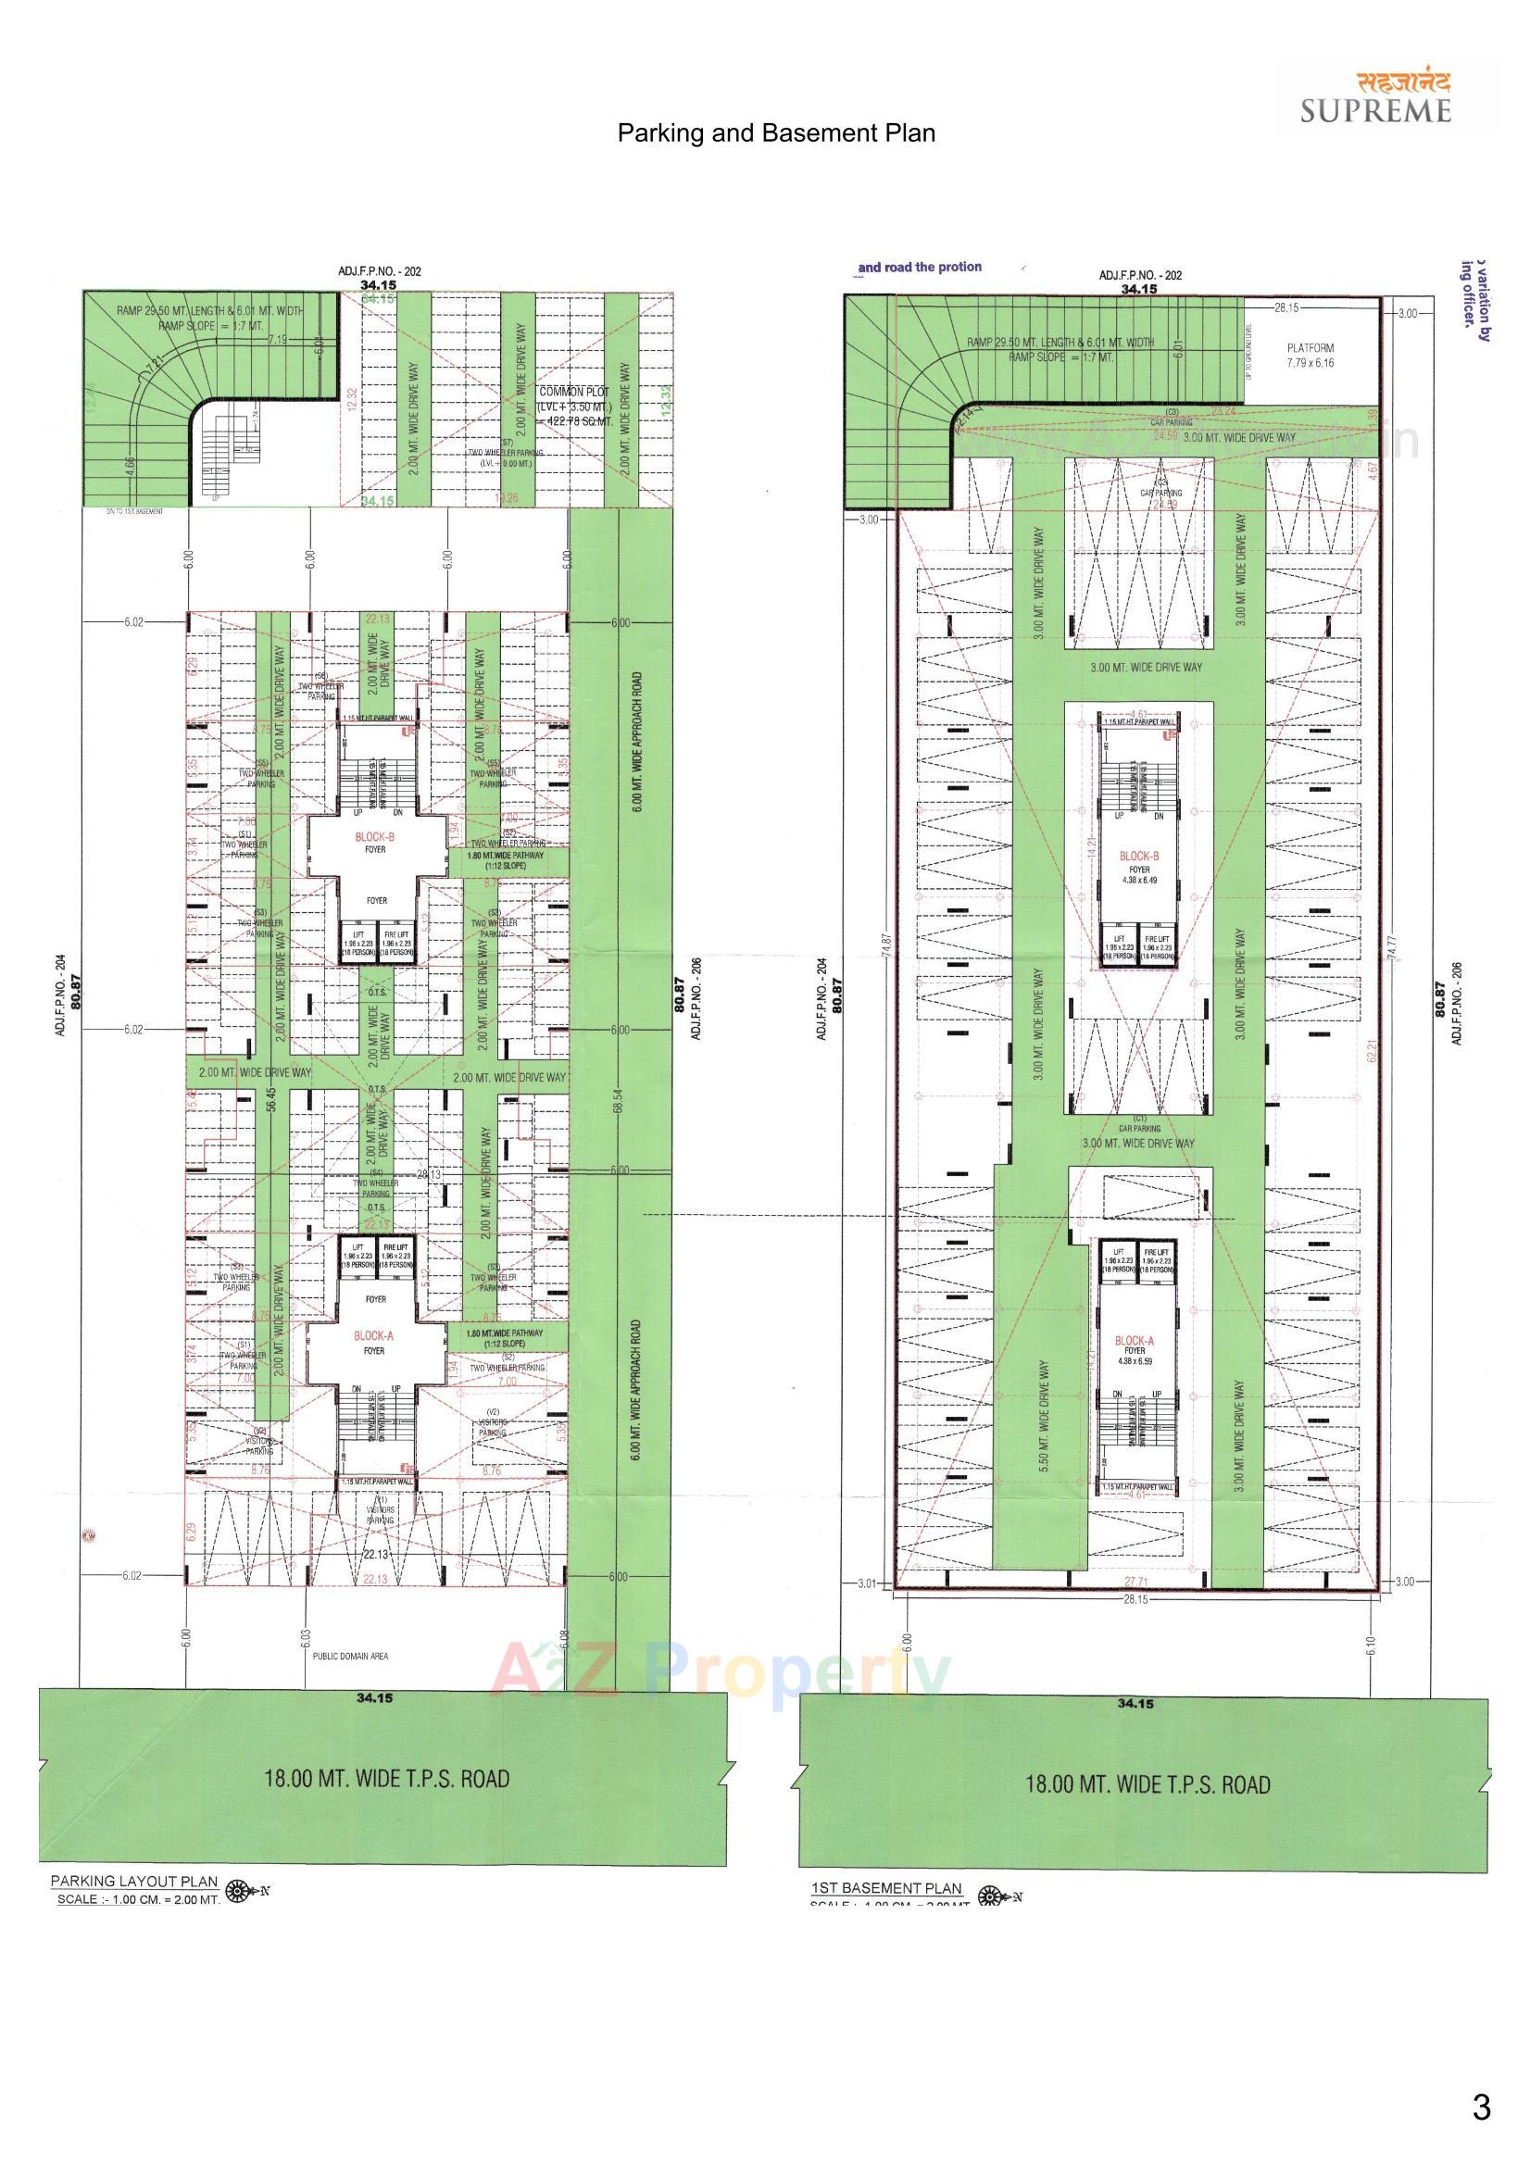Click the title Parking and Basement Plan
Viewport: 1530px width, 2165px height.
[775, 133]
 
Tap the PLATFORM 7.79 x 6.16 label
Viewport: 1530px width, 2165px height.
[1311, 355]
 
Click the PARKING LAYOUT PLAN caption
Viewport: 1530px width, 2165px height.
[134, 1880]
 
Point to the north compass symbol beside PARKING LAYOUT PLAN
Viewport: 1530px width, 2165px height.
[242, 1890]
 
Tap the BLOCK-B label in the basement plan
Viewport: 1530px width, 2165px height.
[1138, 857]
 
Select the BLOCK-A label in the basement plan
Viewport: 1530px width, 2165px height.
[1134, 1340]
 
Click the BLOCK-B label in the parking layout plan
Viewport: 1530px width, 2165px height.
[374, 836]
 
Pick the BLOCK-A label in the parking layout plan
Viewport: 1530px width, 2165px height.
[373, 1336]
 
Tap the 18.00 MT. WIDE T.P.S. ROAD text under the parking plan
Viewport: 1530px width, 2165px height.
[387, 1778]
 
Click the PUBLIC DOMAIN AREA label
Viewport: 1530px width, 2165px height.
[350, 1656]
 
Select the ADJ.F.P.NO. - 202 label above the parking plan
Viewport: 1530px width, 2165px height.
[379, 270]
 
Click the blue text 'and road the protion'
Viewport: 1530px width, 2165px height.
[919, 267]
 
